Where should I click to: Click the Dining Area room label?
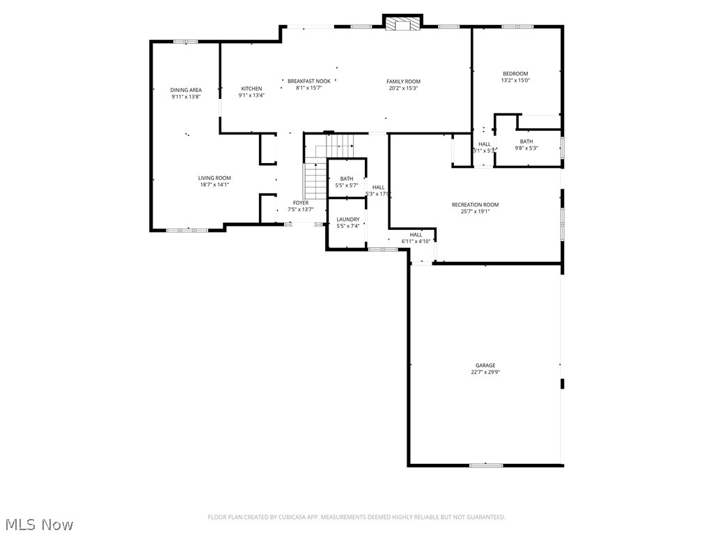pos(186,90)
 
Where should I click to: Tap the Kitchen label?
pos(251,88)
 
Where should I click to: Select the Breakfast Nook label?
pos(309,82)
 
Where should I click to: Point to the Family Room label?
pos(403,82)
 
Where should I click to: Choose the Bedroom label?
pos(515,74)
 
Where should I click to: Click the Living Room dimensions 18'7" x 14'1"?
pos(214,185)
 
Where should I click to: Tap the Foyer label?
pos(301,203)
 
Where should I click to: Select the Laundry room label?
pos(347,219)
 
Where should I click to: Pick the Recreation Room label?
pos(475,205)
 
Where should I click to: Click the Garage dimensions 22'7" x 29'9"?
pos(485,372)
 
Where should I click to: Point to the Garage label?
pos(485,365)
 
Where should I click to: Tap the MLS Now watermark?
pos(39,524)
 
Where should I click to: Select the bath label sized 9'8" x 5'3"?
pos(526,141)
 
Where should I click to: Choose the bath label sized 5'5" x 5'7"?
pos(346,179)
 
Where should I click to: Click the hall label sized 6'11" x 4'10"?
pos(416,235)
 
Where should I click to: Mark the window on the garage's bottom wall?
pos(485,465)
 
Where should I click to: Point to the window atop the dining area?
pos(185,42)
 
